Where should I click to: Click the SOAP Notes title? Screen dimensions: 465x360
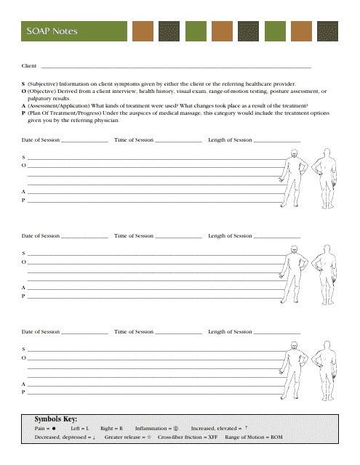coord(52,31)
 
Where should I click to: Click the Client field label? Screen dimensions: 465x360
coord(29,66)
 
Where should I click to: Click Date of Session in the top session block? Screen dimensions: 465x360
coord(41,139)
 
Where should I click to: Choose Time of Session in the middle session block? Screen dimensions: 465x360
coord(134,235)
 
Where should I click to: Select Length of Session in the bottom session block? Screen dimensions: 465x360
coord(230,331)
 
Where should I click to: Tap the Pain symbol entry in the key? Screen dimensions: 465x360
coord(46,429)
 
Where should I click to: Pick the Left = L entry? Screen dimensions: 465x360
coord(80,429)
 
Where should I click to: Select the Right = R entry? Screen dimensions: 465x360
coord(111,429)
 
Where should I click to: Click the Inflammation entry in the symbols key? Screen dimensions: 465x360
coord(157,429)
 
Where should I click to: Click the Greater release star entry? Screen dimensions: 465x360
coord(127,438)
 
